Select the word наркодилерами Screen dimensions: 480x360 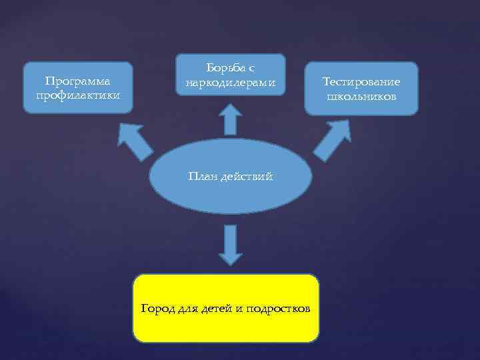[x=230, y=84]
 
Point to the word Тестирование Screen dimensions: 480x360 [x=361, y=82]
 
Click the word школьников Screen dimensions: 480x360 [x=361, y=97]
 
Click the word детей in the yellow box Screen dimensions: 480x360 [x=213, y=309]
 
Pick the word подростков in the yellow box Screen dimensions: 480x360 [x=277, y=309]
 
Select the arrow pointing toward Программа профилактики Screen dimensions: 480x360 [x=134, y=139]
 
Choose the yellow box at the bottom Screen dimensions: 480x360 [x=226, y=327]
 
